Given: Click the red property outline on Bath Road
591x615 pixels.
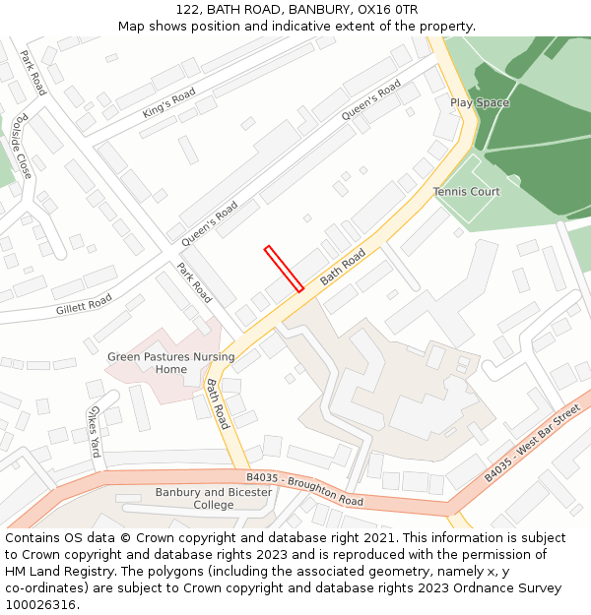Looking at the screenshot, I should coord(284,269).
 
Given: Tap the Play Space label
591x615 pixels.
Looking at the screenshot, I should coord(480,102).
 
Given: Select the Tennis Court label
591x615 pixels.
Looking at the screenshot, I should coord(466,192).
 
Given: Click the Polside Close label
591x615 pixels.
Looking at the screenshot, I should coord(22,147).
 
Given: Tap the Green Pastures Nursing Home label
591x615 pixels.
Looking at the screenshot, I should coord(171,363).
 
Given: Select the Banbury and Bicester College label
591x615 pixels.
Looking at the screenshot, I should coord(214,498).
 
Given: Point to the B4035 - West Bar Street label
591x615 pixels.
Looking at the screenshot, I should coord(533,448).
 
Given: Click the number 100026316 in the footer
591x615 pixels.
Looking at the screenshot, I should coord(40,604).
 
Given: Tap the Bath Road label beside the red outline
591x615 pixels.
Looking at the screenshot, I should coord(342,267).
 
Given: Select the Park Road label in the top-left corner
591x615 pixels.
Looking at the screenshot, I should coord(33,73).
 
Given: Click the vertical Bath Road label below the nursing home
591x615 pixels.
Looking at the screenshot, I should coord(218,403).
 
